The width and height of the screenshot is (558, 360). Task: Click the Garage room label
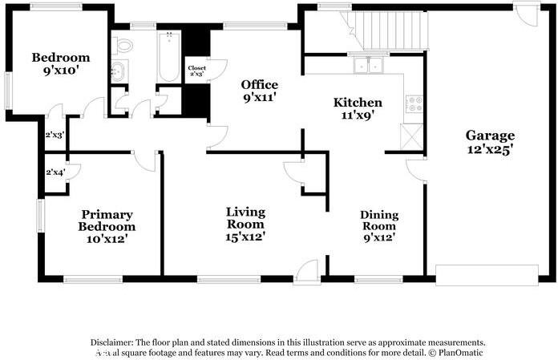(x=491, y=135)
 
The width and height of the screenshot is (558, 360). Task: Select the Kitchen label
(x=358, y=103)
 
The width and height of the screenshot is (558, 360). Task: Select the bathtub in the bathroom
(x=169, y=56)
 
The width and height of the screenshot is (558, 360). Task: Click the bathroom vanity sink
(x=119, y=71)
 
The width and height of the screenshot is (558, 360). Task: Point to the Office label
(x=260, y=85)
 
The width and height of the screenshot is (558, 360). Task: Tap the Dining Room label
(x=379, y=220)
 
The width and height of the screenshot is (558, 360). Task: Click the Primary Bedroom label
(x=106, y=220)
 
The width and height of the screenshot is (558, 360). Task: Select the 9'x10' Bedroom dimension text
(x=61, y=71)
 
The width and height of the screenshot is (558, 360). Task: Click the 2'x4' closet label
(x=55, y=172)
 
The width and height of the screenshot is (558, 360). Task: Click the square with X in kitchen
(x=413, y=137)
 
